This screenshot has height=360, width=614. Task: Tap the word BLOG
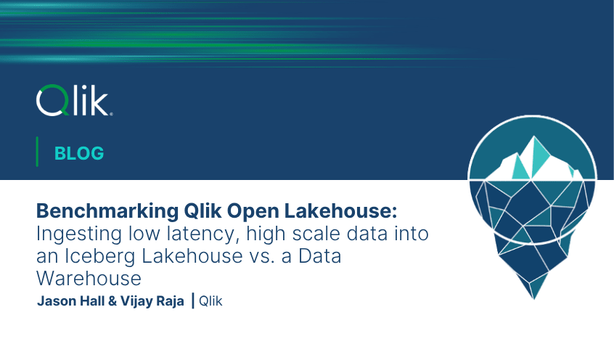click(79, 153)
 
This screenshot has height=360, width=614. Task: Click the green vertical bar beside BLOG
click(37, 152)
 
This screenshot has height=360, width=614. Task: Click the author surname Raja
click(168, 301)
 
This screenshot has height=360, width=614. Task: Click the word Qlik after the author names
click(210, 301)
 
